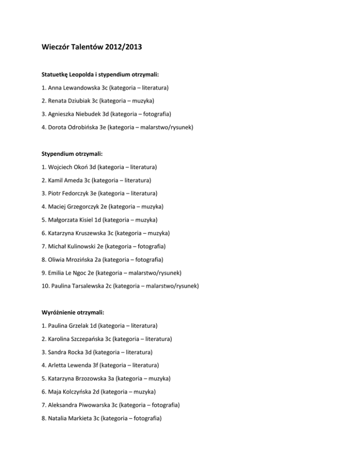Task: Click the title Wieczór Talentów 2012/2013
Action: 93,47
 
